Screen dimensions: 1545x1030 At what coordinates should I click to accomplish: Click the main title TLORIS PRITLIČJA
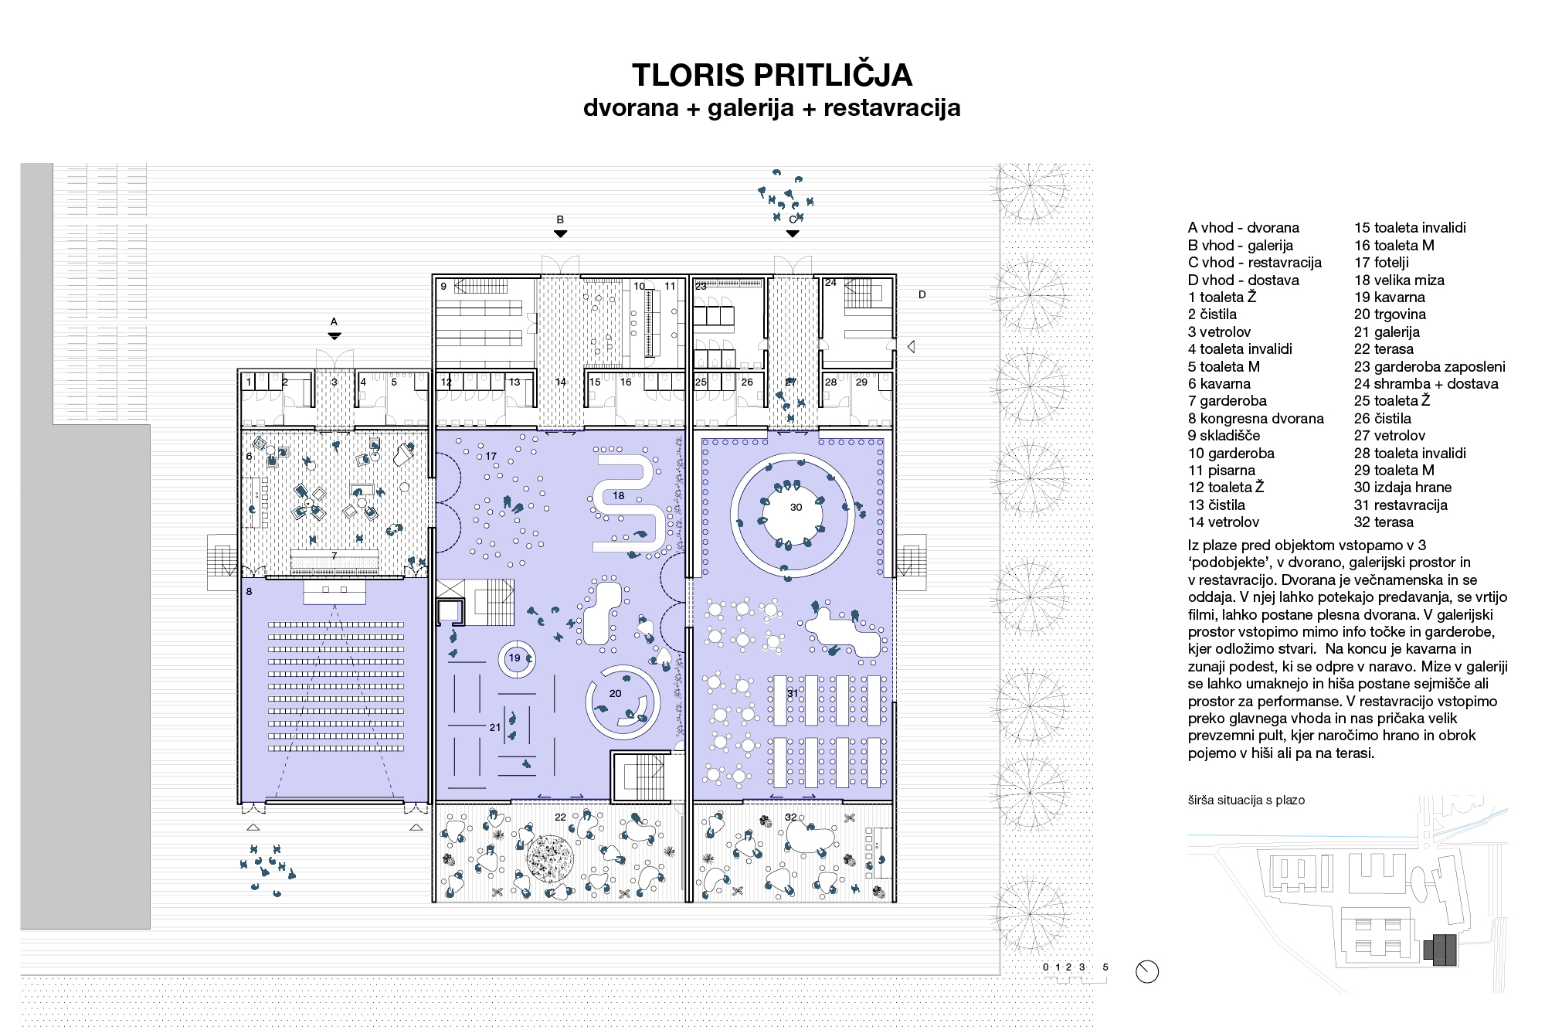(772, 75)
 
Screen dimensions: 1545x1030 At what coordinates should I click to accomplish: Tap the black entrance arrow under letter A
(334, 336)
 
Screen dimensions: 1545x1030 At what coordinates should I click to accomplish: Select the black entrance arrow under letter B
(561, 233)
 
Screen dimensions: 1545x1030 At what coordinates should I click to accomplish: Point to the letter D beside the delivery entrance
(922, 294)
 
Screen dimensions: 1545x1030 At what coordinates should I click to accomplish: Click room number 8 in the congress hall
(249, 592)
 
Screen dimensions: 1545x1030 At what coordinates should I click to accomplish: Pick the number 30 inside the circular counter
(796, 508)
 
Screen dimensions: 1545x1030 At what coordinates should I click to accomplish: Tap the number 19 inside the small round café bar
(514, 658)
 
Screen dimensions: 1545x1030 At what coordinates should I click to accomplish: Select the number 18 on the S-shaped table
(618, 495)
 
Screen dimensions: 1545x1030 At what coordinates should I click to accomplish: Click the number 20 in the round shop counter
(615, 693)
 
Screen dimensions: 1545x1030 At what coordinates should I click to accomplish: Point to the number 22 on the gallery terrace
(560, 817)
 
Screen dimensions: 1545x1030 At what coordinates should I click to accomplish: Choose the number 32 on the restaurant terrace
(790, 817)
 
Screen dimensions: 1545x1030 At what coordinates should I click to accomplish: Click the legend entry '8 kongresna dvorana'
(1256, 419)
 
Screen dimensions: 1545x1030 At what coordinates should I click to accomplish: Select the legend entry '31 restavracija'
(1401, 505)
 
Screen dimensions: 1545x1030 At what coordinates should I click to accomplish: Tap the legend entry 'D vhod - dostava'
(1244, 280)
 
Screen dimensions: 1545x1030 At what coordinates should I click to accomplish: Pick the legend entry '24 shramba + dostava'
(1426, 384)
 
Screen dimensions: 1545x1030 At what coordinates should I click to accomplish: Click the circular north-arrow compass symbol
(1147, 972)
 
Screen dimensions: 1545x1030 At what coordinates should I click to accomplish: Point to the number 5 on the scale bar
(1105, 967)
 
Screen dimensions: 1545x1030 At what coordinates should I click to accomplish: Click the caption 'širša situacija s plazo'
(1246, 801)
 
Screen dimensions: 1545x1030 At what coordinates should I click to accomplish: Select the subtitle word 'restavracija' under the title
(892, 107)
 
